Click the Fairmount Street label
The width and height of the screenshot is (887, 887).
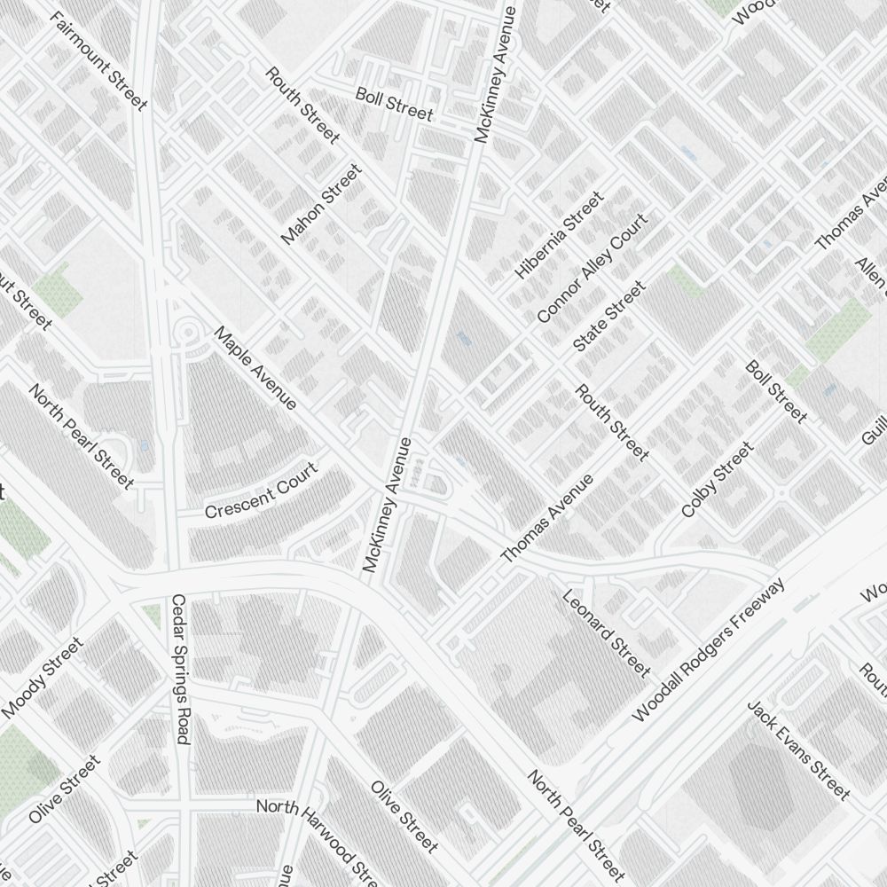pyautogui.click(x=99, y=61)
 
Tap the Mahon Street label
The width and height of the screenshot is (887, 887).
pyautogui.click(x=321, y=205)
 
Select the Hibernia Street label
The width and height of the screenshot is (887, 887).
pyautogui.click(x=559, y=236)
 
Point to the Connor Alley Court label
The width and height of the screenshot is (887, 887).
pyautogui.click(x=592, y=268)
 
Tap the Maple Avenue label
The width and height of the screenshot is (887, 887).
pyautogui.click(x=255, y=368)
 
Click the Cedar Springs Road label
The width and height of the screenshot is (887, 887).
pyautogui.click(x=179, y=669)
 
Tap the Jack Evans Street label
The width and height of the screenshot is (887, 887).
pyautogui.click(x=798, y=750)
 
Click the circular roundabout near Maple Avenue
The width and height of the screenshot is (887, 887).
pyautogui.click(x=189, y=334)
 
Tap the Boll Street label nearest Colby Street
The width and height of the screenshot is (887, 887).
pyautogui.click(x=776, y=391)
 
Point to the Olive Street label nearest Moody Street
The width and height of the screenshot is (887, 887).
pyautogui.click(x=64, y=789)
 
